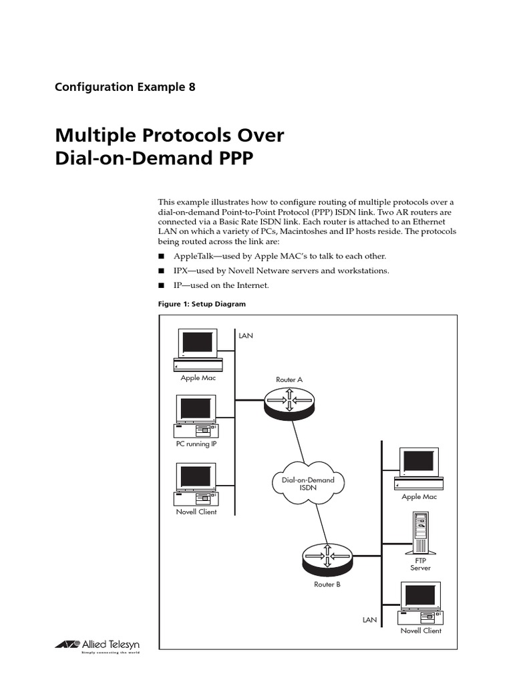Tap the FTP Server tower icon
click(420, 532)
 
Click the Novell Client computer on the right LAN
click(421, 603)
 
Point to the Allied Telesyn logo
click(94, 644)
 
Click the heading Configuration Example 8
click(125, 87)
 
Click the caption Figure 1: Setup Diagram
click(202, 304)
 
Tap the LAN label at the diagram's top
click(246, 335)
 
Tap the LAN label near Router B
click(369, 620)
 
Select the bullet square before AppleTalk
click(161, 256)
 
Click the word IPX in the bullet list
click(182, 271)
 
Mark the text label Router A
click(289, 379)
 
